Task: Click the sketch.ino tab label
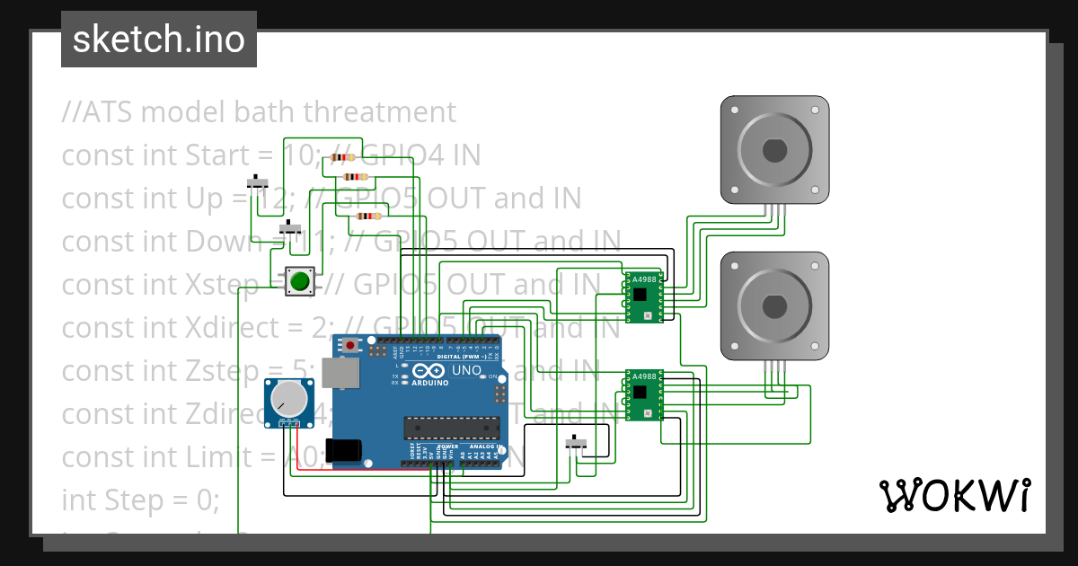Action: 159,40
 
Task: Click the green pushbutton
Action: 300,282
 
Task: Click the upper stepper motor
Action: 774,149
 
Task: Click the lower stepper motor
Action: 774,305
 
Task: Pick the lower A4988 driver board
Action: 643,395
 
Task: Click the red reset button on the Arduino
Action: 349,344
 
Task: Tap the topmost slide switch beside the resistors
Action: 260,182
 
